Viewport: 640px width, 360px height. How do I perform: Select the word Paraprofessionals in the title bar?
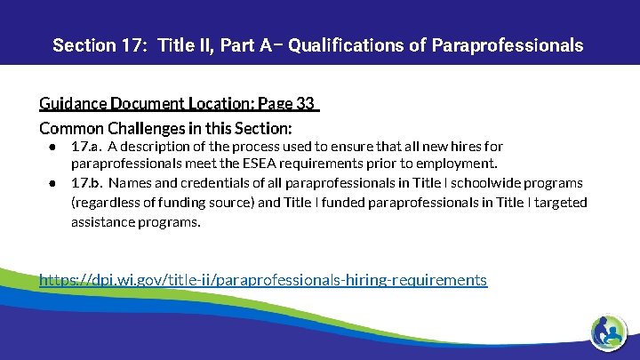[508, 45]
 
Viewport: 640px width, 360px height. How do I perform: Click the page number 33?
[306, 104]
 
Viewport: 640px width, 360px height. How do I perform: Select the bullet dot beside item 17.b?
[54, 183]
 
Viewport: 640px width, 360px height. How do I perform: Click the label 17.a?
[85, 146]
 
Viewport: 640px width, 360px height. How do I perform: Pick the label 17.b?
[86, 183]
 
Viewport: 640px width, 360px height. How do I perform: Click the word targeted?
[561, 203]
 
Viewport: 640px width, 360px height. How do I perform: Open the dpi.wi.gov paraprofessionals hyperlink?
[263, 280]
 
